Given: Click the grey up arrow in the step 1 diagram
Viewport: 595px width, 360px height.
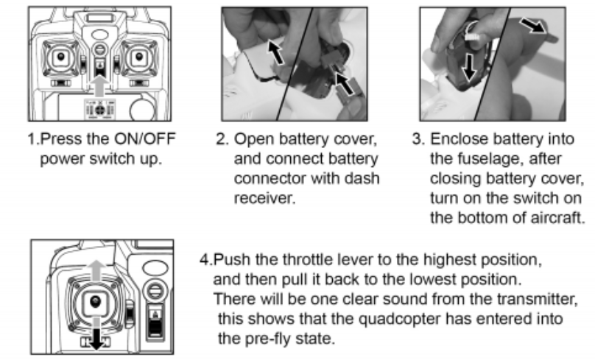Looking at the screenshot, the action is point(100,85).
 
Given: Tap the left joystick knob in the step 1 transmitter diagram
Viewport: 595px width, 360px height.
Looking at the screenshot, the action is point(60,57).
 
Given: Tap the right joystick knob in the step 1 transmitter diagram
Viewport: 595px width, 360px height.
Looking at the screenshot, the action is point(139,57).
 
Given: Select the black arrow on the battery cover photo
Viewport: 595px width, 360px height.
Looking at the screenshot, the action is point(276,52).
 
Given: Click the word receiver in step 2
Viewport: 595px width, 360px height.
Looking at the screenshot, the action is point(264,198).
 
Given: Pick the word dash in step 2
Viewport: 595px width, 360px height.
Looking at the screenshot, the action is point(362,178).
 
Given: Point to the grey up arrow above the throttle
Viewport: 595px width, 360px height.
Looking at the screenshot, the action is point(97,270).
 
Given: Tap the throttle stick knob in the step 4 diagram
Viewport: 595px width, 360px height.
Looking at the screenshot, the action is point(96,303).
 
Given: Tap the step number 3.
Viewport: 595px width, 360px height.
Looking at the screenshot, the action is point(418,139).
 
